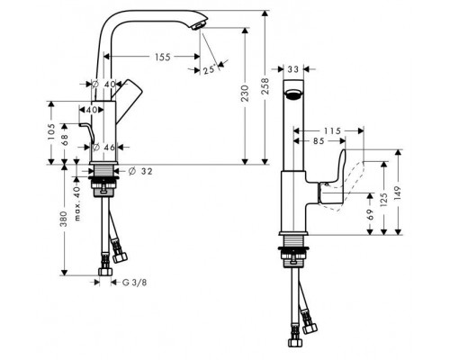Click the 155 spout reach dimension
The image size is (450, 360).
162,57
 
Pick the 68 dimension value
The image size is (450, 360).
65,139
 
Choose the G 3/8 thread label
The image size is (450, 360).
133,283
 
